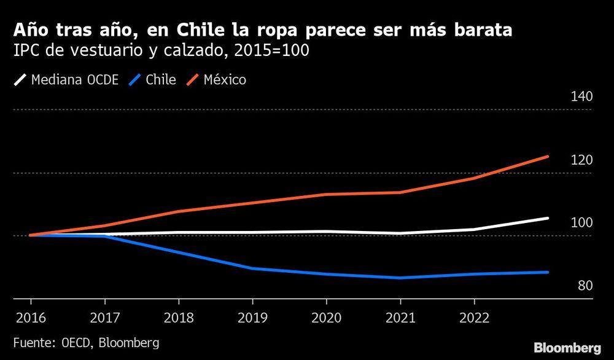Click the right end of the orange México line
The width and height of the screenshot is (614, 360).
coord(547,157)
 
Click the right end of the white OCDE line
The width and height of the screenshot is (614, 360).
coord(547,218)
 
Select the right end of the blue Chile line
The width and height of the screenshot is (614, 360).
coord(547,272)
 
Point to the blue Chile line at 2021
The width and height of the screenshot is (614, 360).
coord(400,278)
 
